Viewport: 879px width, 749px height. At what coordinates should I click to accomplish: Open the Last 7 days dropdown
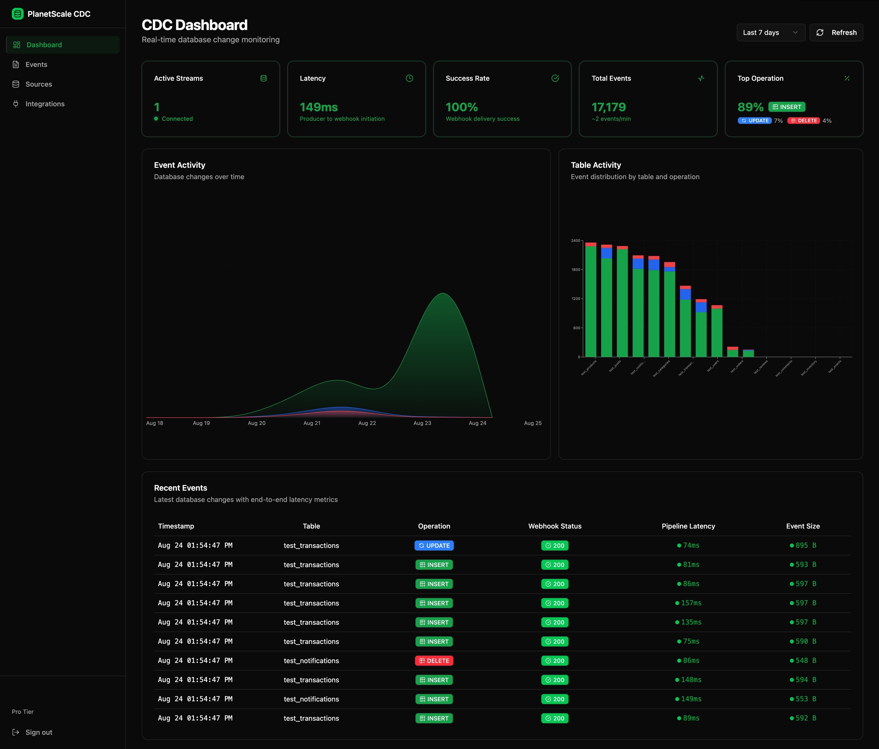[x=770, y=33]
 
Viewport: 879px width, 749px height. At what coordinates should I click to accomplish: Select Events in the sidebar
[x=36, y=64]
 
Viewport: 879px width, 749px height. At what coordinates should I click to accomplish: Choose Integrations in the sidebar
[x=45, y=104]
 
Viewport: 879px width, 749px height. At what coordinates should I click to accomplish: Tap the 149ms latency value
[x=319, y=107]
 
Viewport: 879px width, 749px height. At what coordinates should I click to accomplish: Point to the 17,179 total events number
[x=608, y=107]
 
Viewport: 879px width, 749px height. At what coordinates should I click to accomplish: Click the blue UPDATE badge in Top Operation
[x=754, y=121]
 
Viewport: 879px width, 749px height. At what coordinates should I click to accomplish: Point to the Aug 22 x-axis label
[x=367, y=423]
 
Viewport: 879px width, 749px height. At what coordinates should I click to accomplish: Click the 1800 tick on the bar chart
[x=575, y=270]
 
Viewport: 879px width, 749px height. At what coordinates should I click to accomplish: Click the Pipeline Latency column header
[x=688, y=526]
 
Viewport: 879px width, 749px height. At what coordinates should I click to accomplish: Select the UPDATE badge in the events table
[x=434, y=546]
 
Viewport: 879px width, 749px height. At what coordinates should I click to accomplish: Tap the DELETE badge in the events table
[x=434, y=661]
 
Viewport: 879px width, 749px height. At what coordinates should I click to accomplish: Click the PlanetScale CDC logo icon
[x=17, y=14]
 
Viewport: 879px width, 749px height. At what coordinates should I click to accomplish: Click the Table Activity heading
[x=596, y=165]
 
